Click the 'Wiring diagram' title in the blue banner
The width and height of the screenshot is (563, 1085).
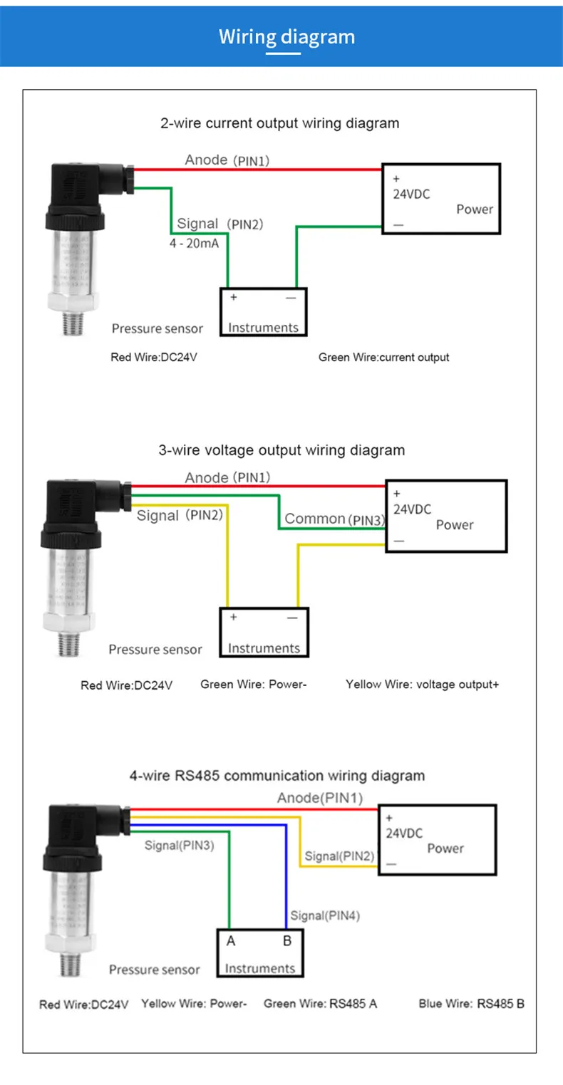(286, 37)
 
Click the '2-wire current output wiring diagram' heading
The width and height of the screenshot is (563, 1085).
(279, 123)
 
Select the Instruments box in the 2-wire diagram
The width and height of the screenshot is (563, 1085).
(263, 312)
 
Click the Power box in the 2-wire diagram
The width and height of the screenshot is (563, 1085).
(442, 198)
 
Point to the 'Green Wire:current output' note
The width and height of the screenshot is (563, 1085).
(383, 357)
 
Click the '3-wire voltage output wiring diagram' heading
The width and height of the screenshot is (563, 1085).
(281, 450)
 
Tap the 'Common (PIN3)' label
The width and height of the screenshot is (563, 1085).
(334, 519)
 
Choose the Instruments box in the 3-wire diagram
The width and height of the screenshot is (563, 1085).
(264, 632)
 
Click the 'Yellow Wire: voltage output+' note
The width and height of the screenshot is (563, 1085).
(422, 685)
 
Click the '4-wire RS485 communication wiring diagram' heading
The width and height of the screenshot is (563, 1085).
(277, 776)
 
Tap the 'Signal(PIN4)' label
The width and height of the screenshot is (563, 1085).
(325, 916)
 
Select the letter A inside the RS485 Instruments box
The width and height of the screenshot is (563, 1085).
(231, 941)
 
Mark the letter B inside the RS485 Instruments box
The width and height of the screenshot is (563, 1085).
(287, 941)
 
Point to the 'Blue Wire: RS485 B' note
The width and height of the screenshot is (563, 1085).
(471, 1004)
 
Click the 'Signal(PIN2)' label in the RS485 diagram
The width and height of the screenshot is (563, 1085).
(339, 856)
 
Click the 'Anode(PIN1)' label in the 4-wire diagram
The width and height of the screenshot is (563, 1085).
(319, 798)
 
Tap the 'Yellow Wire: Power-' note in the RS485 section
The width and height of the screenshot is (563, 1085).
(194, 1004)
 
